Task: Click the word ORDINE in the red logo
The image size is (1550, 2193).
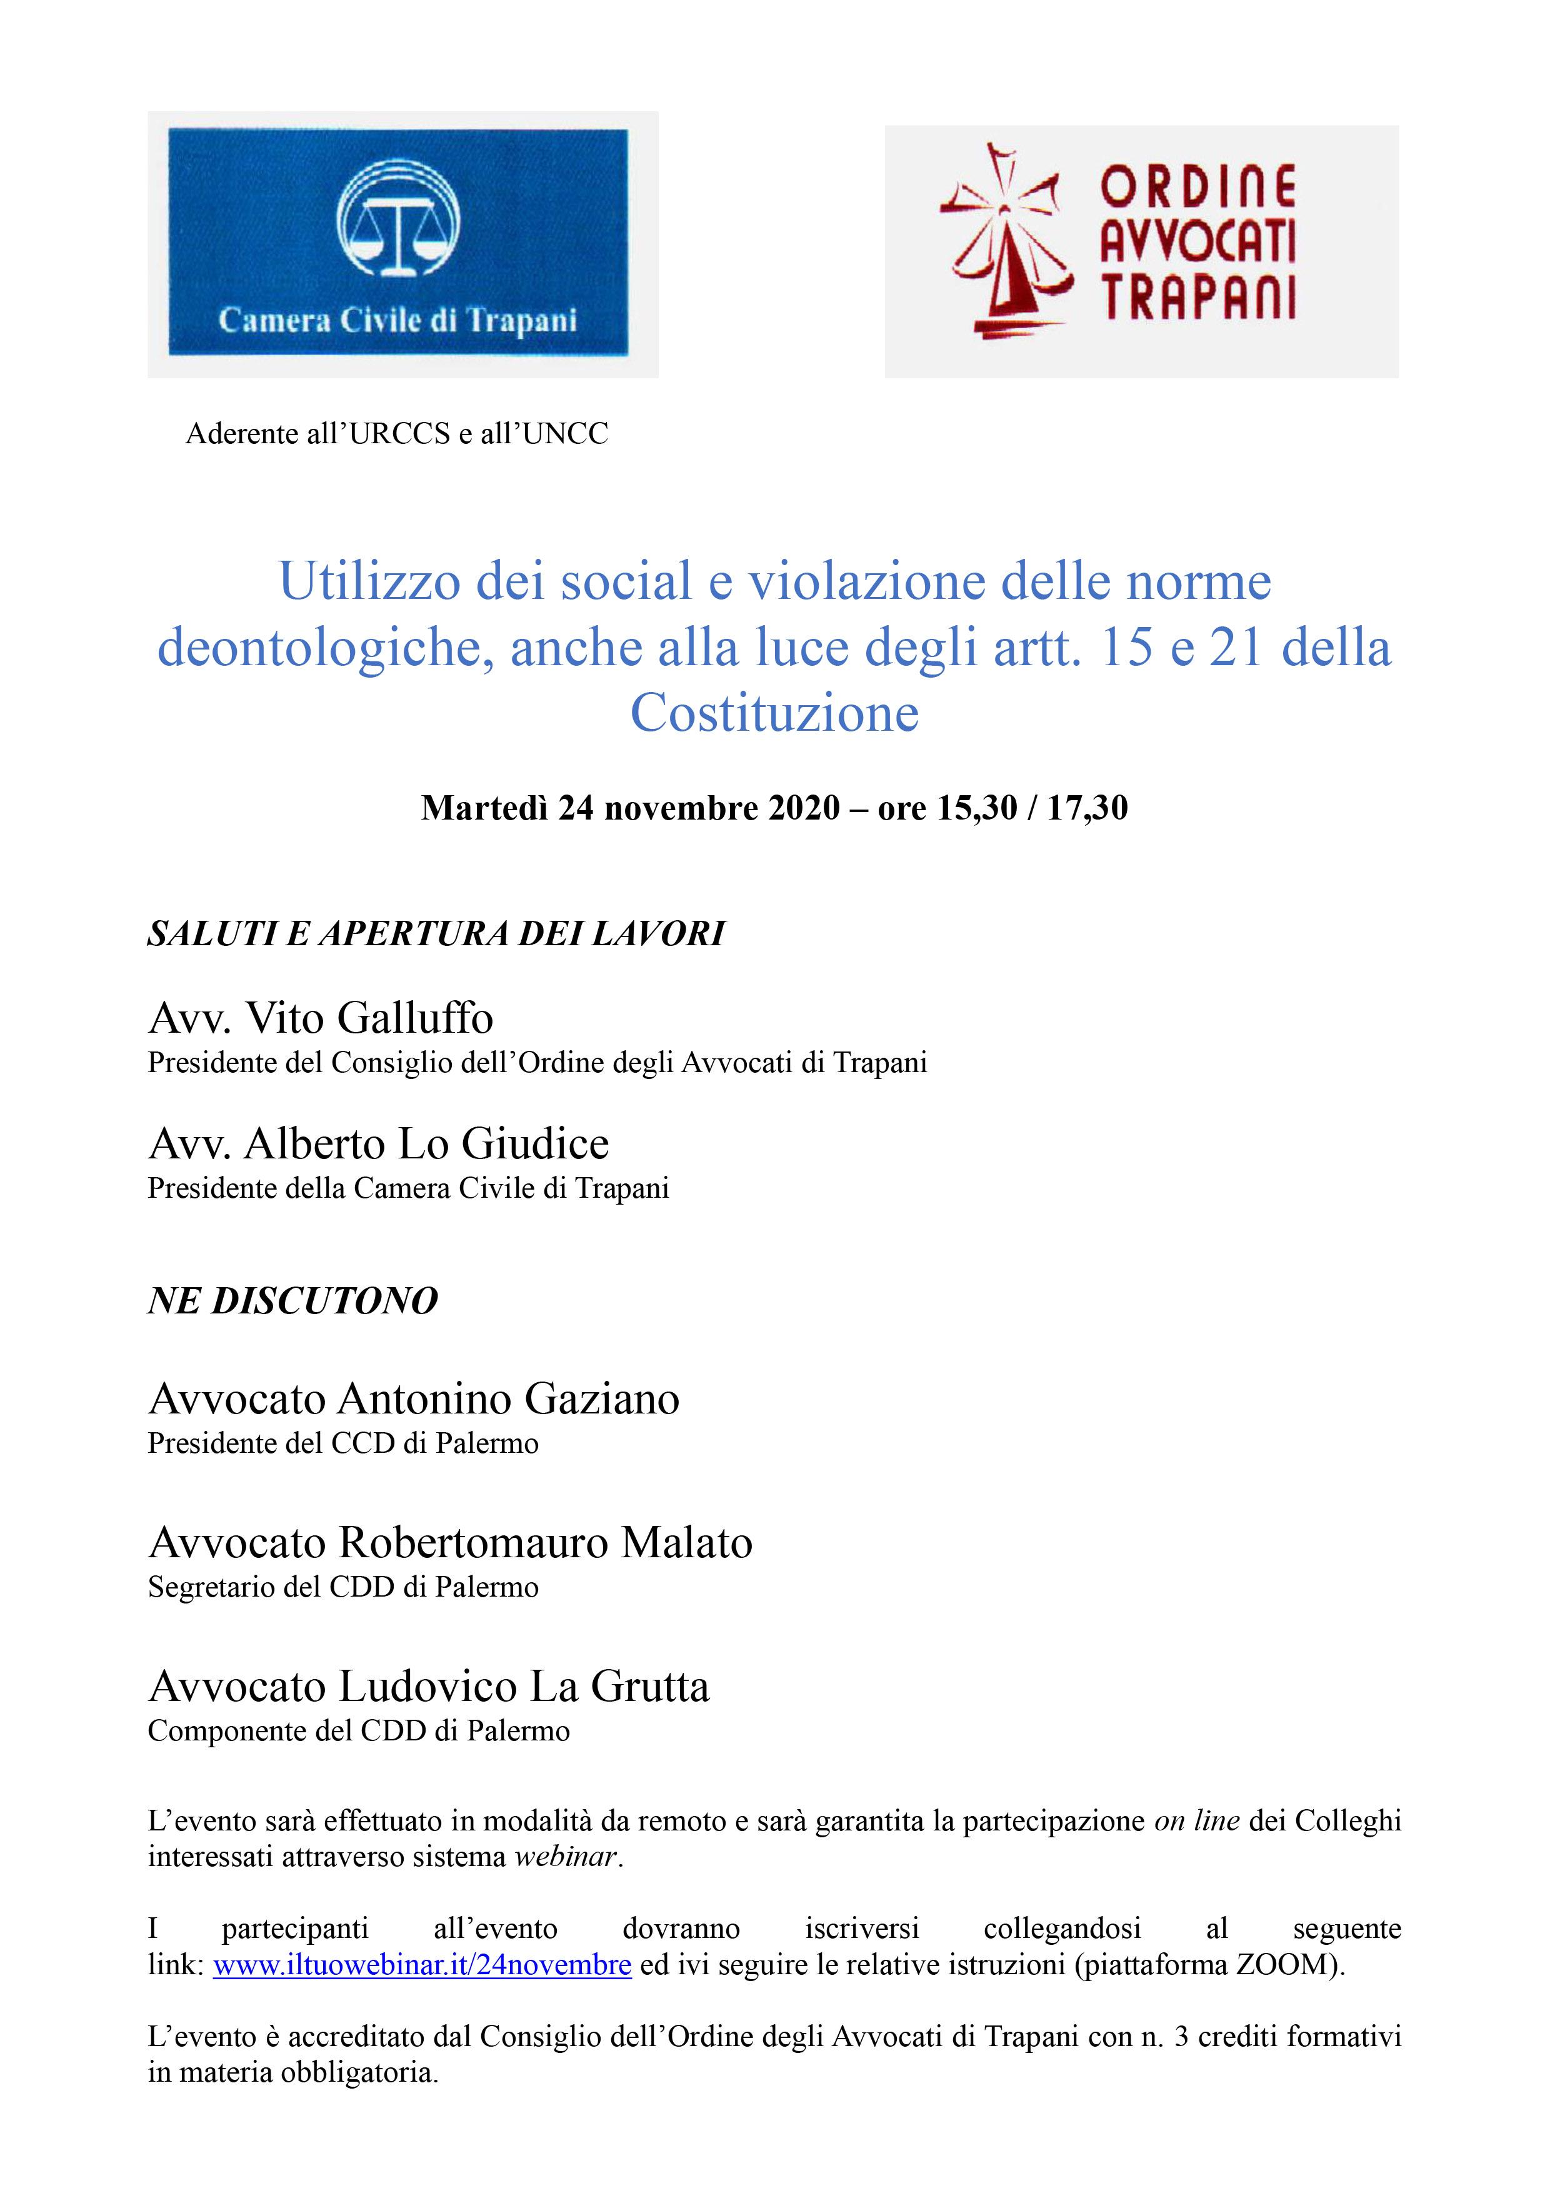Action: [x=1199, y=186]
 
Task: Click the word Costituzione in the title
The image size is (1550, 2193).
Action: [x=774, y=713]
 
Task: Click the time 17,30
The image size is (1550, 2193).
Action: [x=1087, y=808]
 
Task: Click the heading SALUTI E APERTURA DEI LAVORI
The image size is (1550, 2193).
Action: [x=436, y=933]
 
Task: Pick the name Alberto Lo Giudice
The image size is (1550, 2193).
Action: [x=426, y=1143]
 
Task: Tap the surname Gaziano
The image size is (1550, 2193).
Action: [x=602, y=1399]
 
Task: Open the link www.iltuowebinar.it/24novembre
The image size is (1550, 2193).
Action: [x=422, y=1965]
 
